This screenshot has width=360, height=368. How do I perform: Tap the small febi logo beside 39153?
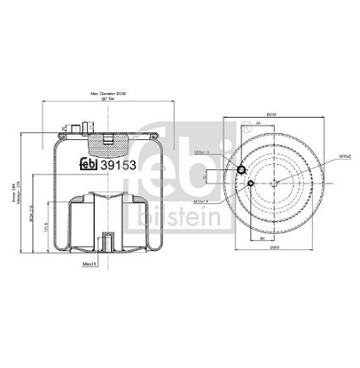[x=89, y=166]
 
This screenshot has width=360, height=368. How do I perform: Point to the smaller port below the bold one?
[x=249, y=182]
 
